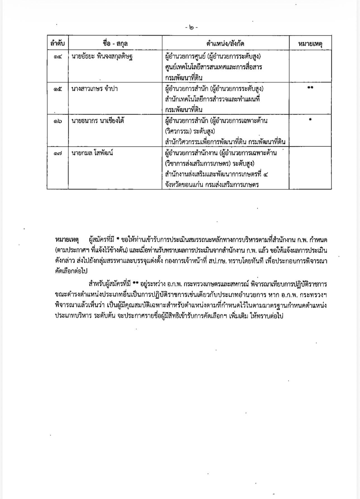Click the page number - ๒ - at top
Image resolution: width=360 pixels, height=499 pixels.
191,27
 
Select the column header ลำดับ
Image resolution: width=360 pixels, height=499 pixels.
57,43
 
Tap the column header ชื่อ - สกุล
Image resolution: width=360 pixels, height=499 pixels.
115,43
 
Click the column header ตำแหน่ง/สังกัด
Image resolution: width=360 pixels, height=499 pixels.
225,43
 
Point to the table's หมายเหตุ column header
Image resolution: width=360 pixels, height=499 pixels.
310,43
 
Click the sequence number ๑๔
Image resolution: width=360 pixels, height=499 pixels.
58,57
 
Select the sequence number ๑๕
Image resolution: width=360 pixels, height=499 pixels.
58,89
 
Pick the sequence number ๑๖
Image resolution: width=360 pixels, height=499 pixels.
58,121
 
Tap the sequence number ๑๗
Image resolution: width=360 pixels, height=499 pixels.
58,153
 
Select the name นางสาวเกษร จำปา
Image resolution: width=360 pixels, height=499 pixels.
95,89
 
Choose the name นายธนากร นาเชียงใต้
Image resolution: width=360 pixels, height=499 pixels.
98,121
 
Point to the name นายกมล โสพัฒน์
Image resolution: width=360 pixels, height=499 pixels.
92,153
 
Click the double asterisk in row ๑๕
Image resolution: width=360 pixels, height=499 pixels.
310,88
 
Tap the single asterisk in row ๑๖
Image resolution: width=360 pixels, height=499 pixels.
310,120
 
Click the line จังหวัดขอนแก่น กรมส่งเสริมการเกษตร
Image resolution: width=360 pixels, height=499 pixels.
212,185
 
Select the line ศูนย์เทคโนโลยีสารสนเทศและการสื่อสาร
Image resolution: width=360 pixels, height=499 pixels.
213,67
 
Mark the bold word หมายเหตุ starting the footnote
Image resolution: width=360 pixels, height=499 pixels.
67,240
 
